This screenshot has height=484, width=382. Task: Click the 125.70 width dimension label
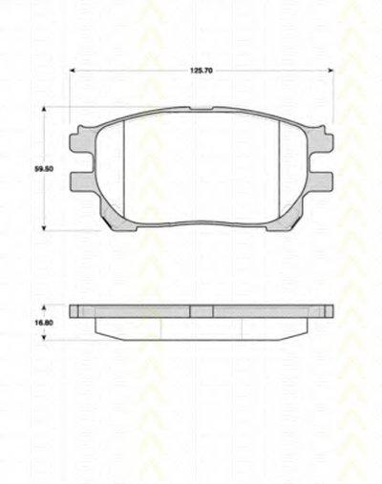click(202, 71)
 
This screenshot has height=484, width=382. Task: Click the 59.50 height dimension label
click(44, 169)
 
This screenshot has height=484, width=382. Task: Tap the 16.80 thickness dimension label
click(44, 323)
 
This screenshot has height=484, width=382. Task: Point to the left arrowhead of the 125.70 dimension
click(73, 71)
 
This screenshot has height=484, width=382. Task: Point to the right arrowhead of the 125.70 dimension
click(330, 71)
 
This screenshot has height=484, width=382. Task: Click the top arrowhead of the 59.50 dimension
click(44, 109)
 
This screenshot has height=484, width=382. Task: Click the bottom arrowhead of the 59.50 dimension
click(44, 228)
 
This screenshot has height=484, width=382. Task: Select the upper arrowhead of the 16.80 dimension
click(44, 307)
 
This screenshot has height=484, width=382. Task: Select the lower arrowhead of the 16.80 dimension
click(44, 338)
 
